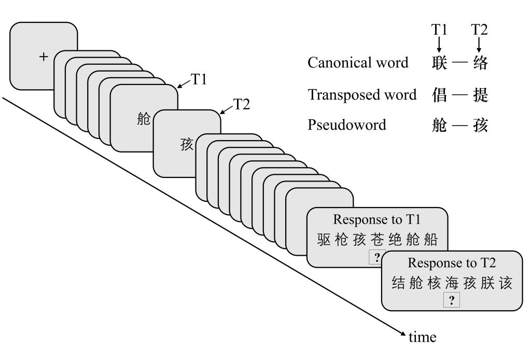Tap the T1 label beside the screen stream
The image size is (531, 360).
200,80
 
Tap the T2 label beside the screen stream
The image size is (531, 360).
242,104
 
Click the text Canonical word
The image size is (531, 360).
358,63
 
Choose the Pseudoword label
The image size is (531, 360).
347,125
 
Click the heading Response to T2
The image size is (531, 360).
451,263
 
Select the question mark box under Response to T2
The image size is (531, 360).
451,300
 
